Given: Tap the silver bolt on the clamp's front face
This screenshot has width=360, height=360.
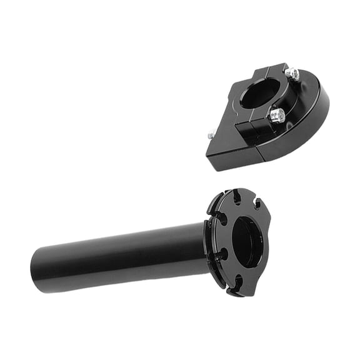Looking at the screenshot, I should click(x=277, y=115).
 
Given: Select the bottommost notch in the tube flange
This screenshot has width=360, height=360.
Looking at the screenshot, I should click(x=237, y=286).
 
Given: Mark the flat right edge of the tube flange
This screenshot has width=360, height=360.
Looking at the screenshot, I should click(x=267, y=244).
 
